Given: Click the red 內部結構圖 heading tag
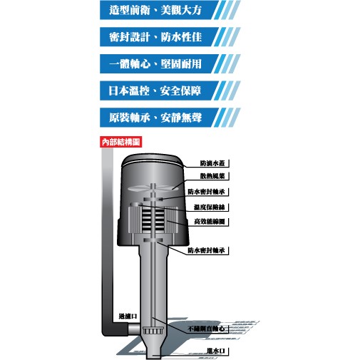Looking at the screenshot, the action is pyautogui.click(x=120, y=142).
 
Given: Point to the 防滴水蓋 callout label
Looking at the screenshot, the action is pyautogui.click(x=212, y=163).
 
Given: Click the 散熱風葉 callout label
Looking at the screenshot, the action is pyautogui.click(x=212, y=176).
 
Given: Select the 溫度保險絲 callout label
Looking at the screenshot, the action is pyautogui.click(x=209, y=207).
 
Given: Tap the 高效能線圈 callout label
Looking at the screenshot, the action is pyautogui.click(x=210, y=222).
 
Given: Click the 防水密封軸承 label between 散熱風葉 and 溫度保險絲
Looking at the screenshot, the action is pyautogui.click(x=206, y=192).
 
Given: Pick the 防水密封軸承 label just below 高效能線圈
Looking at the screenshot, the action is pyautogui.click(x=206, y=250).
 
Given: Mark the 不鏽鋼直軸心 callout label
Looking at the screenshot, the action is pyautogui.click(x=206, y=329).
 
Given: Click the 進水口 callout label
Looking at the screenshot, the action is pyautogui.click(x=215, y=351).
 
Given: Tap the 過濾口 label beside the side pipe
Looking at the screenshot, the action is pyautogui.click(x=128, y=317).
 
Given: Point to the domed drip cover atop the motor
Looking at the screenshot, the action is pyautogui.click(x=153, y=160).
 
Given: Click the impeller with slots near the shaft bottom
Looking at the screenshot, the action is pyautogui.click(x=153, y=331).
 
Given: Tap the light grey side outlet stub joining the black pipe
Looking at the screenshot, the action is pyautogui.click(x=134, y=329).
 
